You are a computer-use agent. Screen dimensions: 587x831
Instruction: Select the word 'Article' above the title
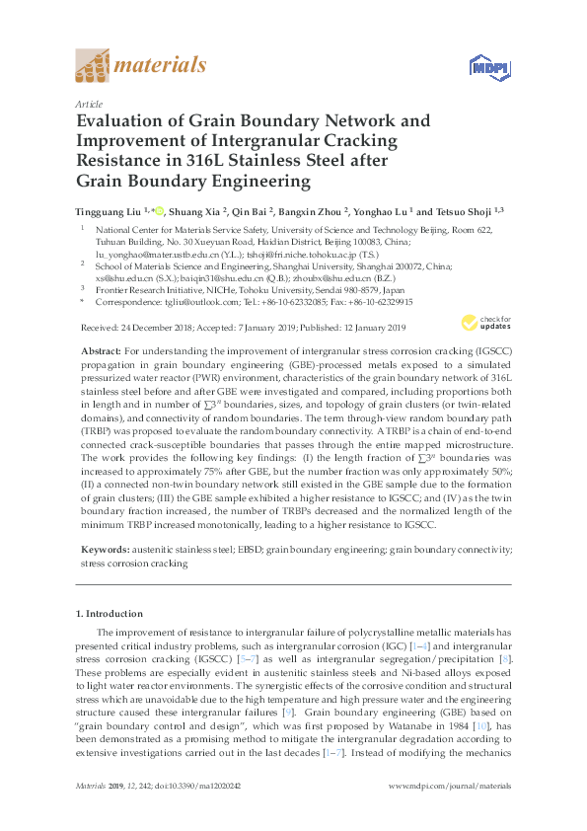pos(89,104)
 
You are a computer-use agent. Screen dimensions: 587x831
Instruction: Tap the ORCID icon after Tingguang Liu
pos(159,209)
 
